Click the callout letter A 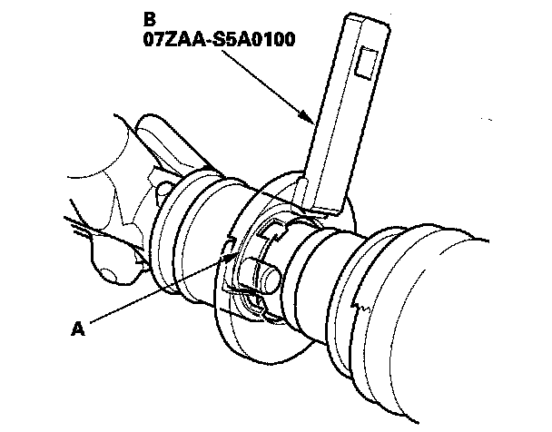(x=78, y=329)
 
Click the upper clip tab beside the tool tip (x=270, y=231)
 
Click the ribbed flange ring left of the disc (x=186, y=227)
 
